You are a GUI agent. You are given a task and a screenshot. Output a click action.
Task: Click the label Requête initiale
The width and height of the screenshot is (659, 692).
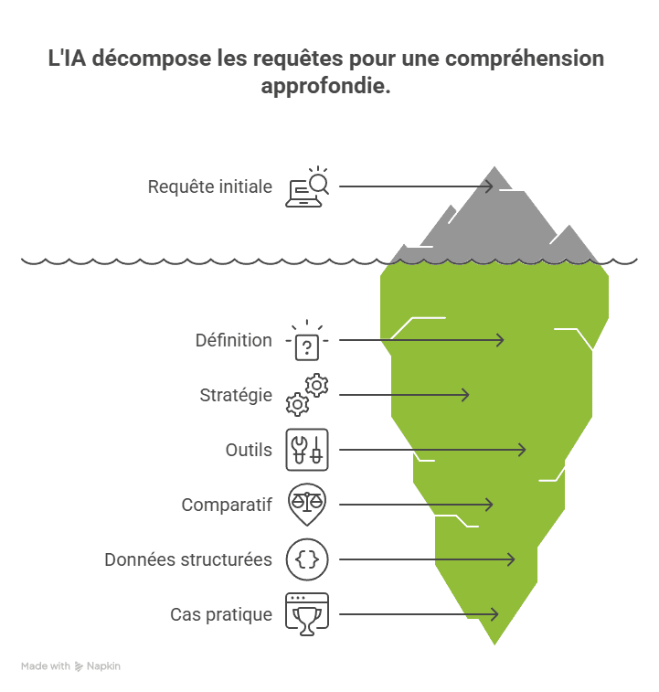(210, 186)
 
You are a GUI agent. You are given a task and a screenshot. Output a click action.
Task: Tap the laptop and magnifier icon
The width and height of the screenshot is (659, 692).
(307, 186)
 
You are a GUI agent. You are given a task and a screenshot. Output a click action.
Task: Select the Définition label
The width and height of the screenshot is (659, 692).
(234, 340)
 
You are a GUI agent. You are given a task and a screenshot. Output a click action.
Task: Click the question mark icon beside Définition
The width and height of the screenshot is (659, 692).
(307, 344)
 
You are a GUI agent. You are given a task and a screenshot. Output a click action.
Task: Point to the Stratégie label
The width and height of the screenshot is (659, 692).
(236, 395)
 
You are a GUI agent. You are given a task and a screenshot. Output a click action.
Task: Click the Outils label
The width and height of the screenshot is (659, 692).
(249, 450)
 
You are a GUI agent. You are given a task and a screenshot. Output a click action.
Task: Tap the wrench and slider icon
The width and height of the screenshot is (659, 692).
(307, 450)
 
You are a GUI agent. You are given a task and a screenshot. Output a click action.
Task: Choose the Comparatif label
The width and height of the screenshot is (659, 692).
(227, 505)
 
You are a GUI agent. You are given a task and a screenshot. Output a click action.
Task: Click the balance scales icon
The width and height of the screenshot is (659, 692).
(307, 503)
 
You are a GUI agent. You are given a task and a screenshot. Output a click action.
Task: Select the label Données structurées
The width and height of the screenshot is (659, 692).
(188, 559)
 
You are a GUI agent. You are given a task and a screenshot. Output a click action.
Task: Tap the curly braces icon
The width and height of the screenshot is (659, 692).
(307, 559)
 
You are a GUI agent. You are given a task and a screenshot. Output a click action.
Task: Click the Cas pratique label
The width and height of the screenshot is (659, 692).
(221, 614)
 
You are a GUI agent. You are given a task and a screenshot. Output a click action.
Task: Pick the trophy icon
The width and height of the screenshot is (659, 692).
(307, 614)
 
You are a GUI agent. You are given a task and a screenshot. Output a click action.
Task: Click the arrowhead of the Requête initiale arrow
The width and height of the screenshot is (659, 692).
(491, 186)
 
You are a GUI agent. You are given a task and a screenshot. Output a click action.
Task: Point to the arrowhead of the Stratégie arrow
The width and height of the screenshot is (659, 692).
(467, 395)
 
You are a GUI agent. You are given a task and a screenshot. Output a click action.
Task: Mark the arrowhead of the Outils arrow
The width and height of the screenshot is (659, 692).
(524, 450)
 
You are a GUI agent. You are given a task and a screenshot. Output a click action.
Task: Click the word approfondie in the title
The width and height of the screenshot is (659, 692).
(325, 87)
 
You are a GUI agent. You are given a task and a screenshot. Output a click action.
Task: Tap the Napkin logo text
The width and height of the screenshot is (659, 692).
(103, 666)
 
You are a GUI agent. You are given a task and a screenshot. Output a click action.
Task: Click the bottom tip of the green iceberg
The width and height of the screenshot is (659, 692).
(494, 644)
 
